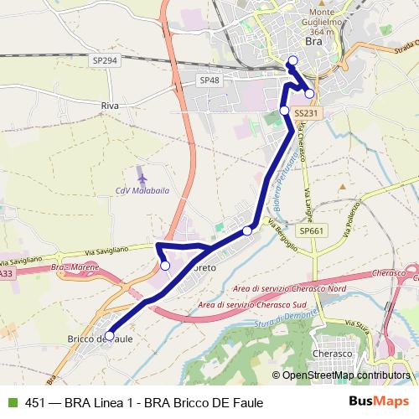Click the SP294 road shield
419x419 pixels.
point(106,61)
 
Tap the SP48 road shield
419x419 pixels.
point(209,80)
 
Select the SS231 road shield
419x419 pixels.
point(307,111)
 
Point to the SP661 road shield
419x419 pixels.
point(310,230)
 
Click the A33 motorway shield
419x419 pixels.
point(6,273)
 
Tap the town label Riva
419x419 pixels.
point(110,106)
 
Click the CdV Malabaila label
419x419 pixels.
point(140,191)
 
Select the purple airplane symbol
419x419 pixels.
point(142,178)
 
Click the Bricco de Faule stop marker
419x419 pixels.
point(109,335)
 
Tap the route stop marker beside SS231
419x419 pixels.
point(284,111)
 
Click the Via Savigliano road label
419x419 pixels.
point(106,249)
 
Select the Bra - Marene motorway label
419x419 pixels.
point(75,266)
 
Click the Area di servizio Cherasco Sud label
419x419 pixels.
point(252,305)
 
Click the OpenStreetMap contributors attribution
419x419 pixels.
point(346,375)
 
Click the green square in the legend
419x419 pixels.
point(12,402)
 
